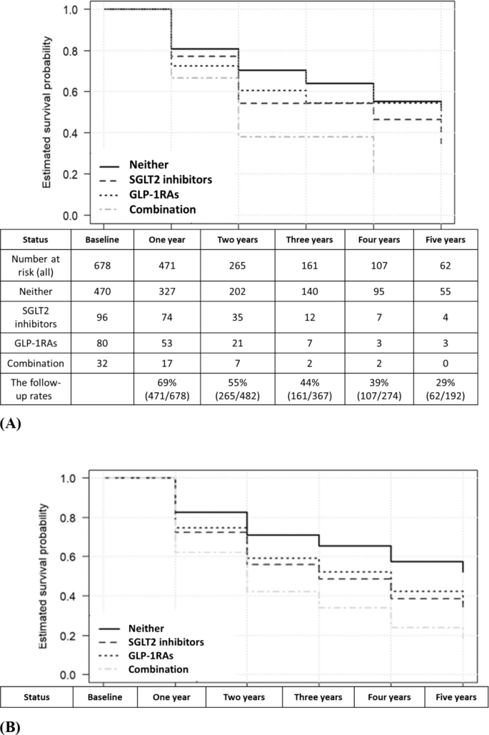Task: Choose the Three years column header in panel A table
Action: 306,239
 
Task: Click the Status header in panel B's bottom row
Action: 36,697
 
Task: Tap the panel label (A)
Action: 11,423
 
